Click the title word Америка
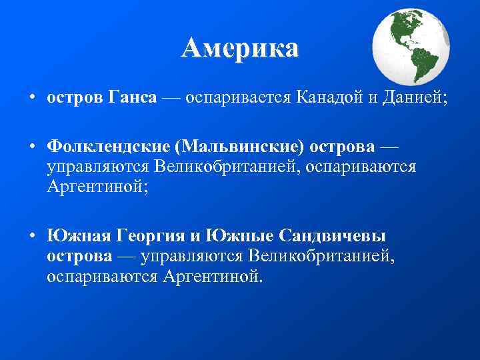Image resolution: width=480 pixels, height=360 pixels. tap(239, 49)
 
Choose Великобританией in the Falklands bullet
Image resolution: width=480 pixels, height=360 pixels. tap(228, 165)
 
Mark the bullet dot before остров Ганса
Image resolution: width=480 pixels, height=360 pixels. tap(32, 98)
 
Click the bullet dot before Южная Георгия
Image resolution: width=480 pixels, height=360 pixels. tap(32, 237)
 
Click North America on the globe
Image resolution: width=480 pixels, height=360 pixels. tap(404, 28)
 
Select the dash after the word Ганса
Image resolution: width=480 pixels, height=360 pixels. tap(169, 98)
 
